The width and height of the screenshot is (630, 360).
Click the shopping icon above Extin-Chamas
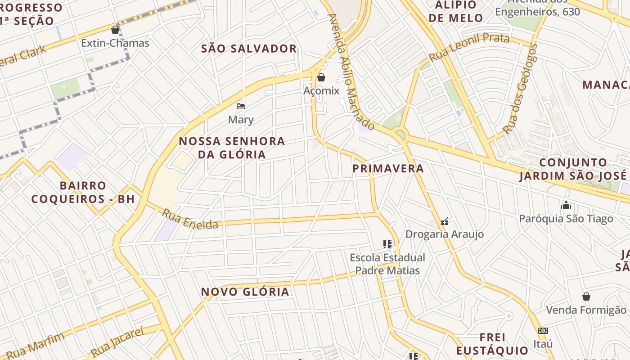point(115,30)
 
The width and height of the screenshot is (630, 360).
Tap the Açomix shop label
point(321,91)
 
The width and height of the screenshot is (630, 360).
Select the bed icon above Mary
point(241,106)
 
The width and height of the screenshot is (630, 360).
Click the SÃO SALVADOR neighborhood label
point(249,49)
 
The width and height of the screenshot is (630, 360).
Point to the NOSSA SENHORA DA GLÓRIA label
point(232,148)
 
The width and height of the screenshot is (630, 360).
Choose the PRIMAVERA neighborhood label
point(388,168)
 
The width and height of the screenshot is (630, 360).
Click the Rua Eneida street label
point(190,219)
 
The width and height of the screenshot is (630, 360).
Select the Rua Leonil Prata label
point(469,47)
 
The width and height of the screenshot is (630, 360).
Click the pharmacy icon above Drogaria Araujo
point(445,221)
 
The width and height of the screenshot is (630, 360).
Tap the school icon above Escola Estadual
point(387,244)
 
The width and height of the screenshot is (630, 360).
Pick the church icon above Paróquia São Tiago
point(566,206)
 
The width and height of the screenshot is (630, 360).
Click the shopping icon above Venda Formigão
point(586,297)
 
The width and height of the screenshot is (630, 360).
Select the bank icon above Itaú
point(543,331)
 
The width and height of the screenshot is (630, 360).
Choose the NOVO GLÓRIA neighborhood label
point(245,292)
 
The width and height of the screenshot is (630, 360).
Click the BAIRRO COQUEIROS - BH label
point(83,192)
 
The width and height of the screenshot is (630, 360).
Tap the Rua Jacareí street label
point(117,342)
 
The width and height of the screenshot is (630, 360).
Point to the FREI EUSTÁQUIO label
point(492,344)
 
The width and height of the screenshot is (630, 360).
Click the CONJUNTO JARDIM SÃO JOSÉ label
point(573,169)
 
